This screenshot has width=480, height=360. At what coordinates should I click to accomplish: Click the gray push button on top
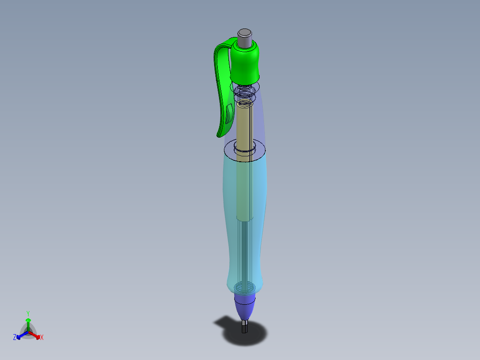[x=244, y=37]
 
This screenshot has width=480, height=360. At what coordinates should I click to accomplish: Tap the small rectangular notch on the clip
[x=228, y=113]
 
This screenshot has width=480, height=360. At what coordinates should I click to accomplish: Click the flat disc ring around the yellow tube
[x=229, y=149]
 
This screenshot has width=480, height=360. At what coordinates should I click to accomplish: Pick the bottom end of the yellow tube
[x=244, y=217]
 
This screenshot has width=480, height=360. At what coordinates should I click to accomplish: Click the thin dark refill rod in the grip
[x=244, y=250]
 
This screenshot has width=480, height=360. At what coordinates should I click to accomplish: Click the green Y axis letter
[x=28, y=313]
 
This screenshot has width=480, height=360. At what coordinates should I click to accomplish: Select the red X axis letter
[x=42, y=338]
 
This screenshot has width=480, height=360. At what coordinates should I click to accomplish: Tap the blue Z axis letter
[x=15, y=337]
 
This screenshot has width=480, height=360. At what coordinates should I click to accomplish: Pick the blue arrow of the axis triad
[x=20, y=335]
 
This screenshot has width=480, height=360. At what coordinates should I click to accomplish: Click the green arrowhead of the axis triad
[x=28, y=320]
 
